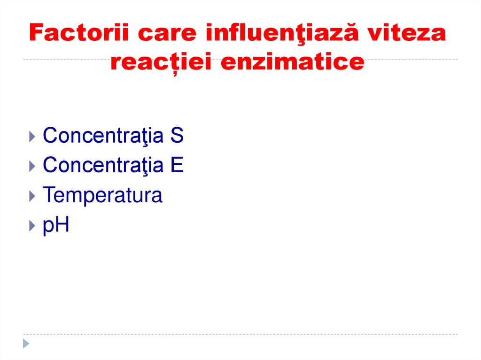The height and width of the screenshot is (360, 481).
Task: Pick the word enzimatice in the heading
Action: click(x=292, y=62)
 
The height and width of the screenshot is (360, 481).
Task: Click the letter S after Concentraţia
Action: click(x=177, y=136)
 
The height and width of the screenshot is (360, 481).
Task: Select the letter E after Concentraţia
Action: click(x=177, y=166)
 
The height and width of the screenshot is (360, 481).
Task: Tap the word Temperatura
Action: click(x=102, y=195)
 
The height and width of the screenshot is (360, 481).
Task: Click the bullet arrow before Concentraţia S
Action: click(x=31, y=138)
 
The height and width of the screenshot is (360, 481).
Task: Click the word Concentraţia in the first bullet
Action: click(x=103, y=136)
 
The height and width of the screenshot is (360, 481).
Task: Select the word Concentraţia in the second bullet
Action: click(x=103, y=166)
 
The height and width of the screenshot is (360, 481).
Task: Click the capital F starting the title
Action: click(x=37, y=34)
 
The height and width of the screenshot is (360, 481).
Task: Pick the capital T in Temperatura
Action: click(x=48, y=195)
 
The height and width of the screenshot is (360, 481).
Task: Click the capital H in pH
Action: click(x=62, y=225)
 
